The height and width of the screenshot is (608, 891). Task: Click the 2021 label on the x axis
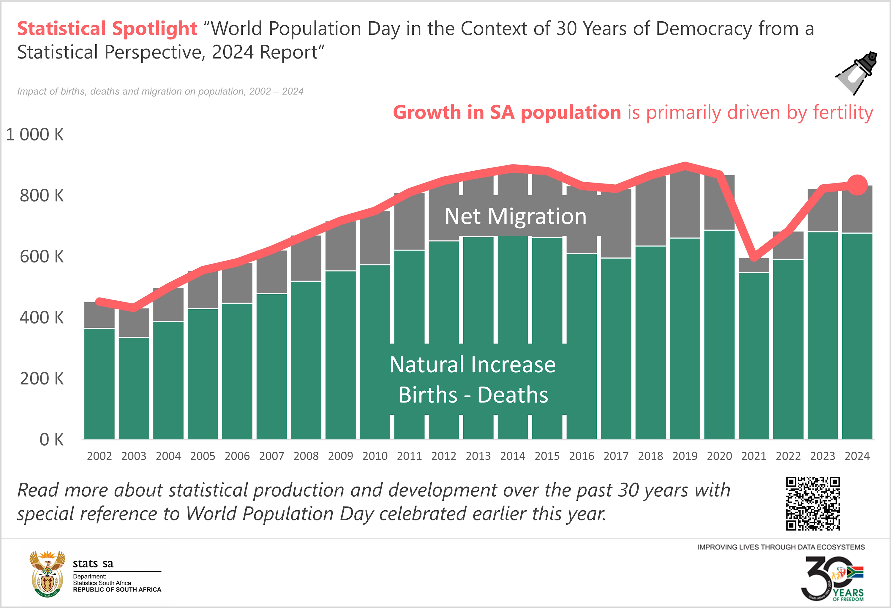(753, 456)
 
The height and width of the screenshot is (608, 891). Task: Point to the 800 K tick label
(41, 196)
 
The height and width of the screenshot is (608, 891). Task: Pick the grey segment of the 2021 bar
(754, 265)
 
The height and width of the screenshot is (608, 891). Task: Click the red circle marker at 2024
(857, 185)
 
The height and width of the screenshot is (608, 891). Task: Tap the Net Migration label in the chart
(515, 216)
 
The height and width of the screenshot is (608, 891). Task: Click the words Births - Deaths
(473, 395)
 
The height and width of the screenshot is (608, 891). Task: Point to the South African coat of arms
(48, 574)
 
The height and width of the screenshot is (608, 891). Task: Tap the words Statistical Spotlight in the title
(107, 29)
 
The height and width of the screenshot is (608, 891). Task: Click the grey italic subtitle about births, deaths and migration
(160, 91)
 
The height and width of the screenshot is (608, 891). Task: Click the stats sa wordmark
(93, 563)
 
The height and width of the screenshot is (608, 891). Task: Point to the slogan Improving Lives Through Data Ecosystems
(781, 547)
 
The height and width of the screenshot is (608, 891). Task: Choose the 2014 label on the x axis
(513, 456)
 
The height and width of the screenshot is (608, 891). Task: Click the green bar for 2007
(271, 366)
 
